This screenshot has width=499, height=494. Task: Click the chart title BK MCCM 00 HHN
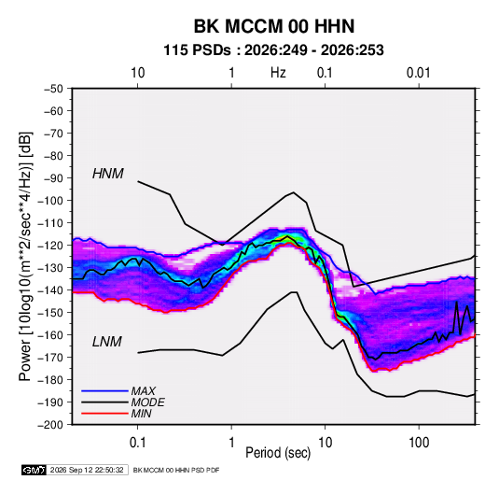[274, 26]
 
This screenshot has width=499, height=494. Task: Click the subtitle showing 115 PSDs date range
[273, 50]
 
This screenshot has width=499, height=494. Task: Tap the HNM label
[108, 174]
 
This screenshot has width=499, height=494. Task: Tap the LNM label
[107, 342]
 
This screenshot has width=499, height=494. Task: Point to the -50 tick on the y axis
[53, 89]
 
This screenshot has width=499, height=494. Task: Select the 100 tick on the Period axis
[419, 443]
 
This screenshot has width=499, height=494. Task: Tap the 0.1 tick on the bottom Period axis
[137, 443]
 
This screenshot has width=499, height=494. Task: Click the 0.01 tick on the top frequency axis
[418, 73]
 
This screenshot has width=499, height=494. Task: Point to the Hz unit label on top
[278, 73]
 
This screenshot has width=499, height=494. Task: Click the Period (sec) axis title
[278, 453]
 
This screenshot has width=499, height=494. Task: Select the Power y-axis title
[25, 256]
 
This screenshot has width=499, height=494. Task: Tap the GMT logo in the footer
[35, 470]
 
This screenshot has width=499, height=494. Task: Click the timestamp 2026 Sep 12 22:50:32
[87, 470]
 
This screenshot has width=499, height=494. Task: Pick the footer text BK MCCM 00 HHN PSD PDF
[176, 470]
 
